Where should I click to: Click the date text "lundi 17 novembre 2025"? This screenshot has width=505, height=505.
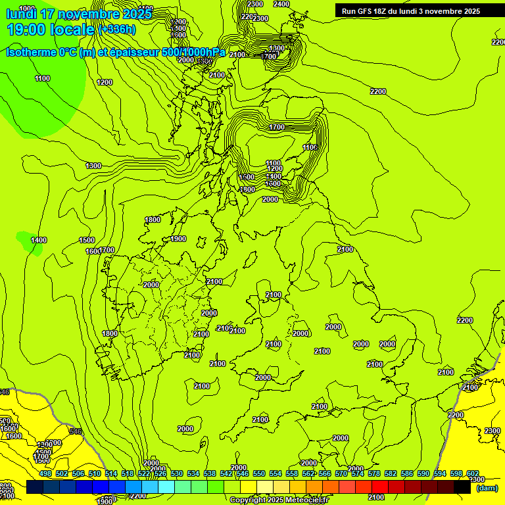(x=79, y=14)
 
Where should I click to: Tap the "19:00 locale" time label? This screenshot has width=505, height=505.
(x=51, y=30)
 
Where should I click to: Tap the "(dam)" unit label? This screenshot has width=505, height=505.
(x=487, y=488)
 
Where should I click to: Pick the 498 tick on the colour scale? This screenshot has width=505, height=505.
(x=45, y=473)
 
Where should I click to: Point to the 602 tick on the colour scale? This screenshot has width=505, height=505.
(x=472, y=473)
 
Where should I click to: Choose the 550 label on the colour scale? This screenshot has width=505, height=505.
(x=259, y=473)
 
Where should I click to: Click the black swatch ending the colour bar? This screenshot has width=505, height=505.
(x=463, y=487)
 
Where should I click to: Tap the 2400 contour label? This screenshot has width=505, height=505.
(x=281, y=4)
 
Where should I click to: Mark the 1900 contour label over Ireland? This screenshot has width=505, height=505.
(x=178, y=239)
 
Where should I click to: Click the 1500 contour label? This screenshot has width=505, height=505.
(x=87, y=240)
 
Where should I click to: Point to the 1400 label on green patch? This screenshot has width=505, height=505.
(x=39, y=240)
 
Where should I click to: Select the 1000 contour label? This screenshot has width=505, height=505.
(x=26, y=9)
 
